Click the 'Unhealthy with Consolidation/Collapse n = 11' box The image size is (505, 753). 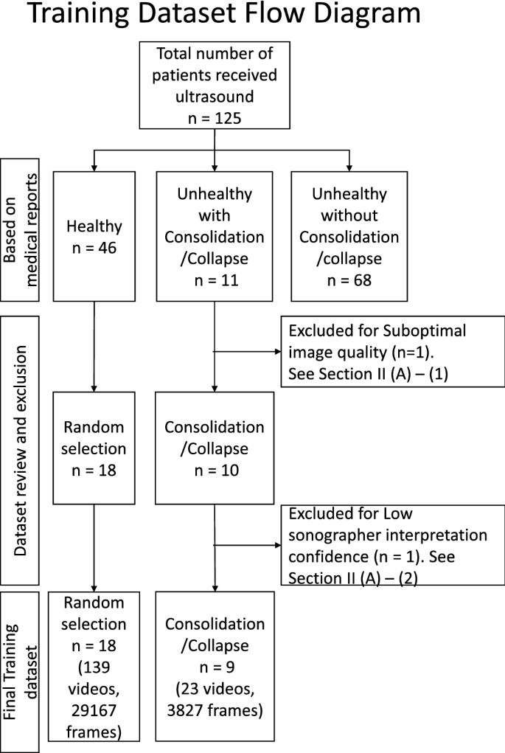tap(214, 236)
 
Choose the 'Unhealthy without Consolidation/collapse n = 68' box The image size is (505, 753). tap(349, 236)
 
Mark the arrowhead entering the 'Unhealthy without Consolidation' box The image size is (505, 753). tap(349, 167)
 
